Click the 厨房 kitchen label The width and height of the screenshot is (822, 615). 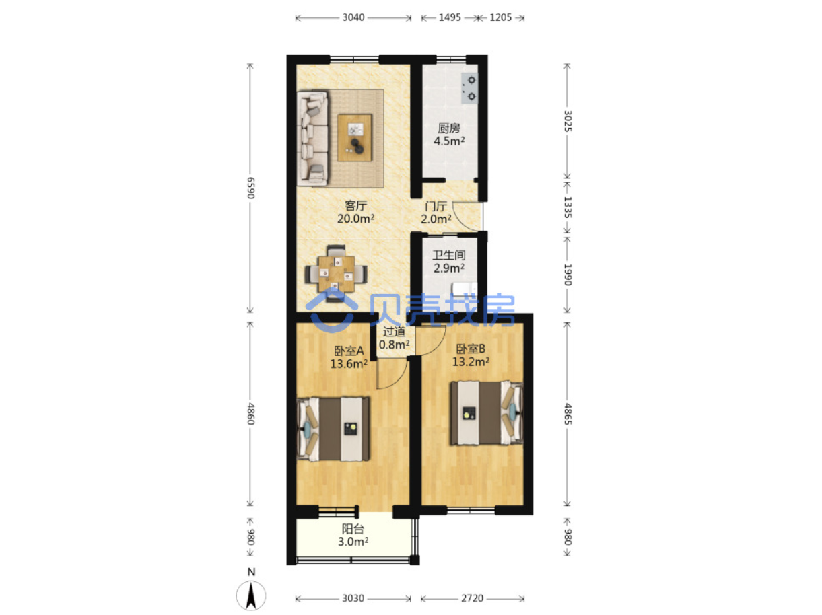click(448, 128)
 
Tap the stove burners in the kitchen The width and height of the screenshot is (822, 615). click(469, 88)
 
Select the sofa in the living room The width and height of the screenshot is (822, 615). click(312, 138)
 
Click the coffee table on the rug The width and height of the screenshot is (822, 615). click(354, 137)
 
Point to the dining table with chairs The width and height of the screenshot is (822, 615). click(336, 273)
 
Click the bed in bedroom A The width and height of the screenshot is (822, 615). click(333, 428)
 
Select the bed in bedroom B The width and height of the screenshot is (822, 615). click(486, 412)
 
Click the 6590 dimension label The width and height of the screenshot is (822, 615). click(251, 188)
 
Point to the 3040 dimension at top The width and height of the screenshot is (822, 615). click(353, 17)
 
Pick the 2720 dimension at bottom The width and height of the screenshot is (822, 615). click(472, 598)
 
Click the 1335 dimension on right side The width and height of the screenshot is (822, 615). click(568, 207)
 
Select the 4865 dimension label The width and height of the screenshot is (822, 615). click(568, 414)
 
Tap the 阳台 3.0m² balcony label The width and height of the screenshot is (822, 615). click(353, 535)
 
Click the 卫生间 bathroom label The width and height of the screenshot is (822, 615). click(448, 255)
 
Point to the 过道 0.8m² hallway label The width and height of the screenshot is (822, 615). click(394, 338)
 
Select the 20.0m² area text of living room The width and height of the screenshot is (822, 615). click(355, 219)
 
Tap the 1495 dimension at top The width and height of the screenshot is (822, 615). click(450, 17)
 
